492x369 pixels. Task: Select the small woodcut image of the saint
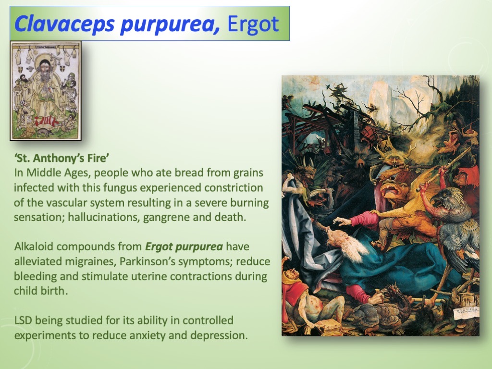pos(46,91)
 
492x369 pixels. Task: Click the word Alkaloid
pos(33,247)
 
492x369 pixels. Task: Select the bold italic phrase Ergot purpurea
pos(184,247)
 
